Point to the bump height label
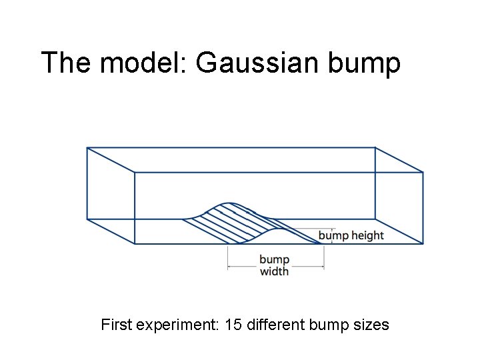click(x=351, y=235)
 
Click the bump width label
click(x=274, y=265)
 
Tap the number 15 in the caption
click(x=233, y=325)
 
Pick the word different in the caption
click(x=278, y=325)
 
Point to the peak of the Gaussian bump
click(x=229, y=202)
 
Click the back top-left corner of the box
click(x=87, y=148)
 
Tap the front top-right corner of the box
click(x=423, y=173)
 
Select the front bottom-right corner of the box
click(x=423, y=243)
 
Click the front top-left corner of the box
click(x=135, y=173)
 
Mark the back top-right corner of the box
click(x=375, y=148)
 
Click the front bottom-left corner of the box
click(x=135, y=243)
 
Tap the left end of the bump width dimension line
click(x=229, y=267)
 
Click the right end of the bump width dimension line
click(x=324, y=267)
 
